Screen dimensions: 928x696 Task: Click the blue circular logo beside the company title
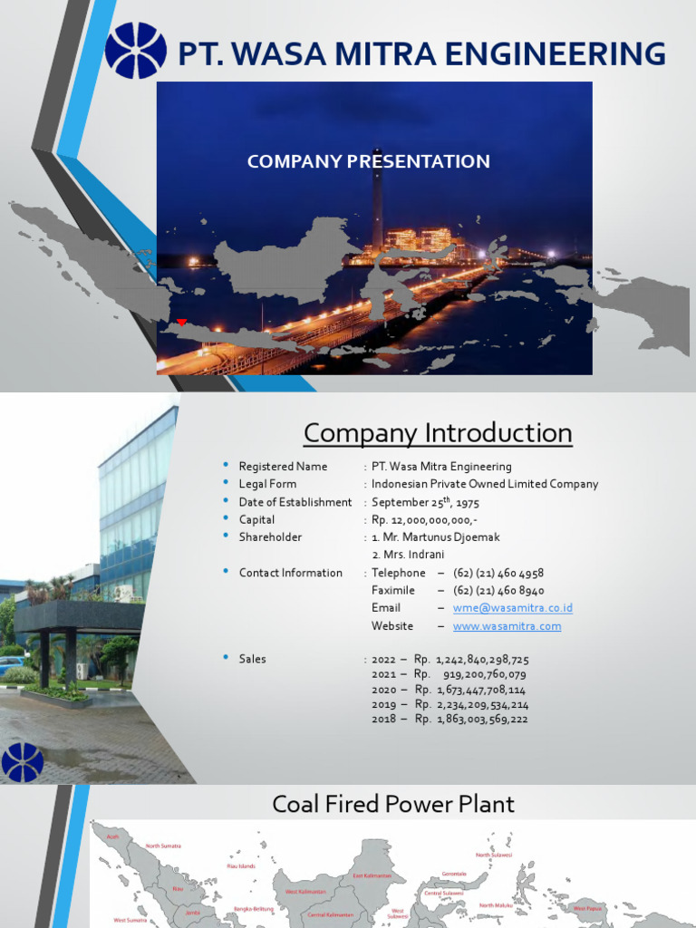(136, 51)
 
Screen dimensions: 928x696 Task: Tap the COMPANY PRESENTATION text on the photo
(368, 161)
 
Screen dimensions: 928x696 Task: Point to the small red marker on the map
(181, 322)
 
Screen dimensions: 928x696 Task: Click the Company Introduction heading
(438, 433)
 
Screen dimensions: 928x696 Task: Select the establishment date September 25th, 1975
(425, 502)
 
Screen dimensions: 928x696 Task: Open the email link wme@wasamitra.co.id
(512, 608)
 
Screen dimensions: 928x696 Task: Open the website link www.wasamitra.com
(507, 626)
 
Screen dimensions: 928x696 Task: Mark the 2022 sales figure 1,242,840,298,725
(482, 659)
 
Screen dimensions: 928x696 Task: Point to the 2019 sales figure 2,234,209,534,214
(482, 704)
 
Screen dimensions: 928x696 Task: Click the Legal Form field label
(267, 484)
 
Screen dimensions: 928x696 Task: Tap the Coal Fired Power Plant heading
(393, 804)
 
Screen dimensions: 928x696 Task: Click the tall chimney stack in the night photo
(377, 199)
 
